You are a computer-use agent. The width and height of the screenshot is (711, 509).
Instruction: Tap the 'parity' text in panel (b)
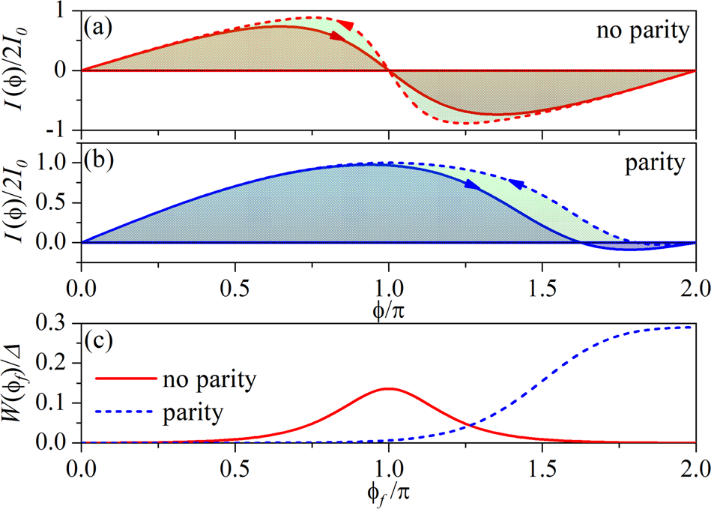[x=654, y=163]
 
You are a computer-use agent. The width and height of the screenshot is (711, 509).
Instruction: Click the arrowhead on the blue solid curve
[x=470, y=184]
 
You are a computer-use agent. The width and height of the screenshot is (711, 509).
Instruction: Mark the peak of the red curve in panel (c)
[x=388, y=388]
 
